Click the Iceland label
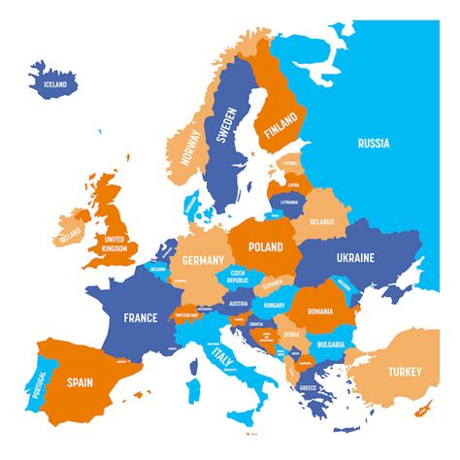point(55,84)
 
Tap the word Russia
point(373,144)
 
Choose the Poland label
point(264,246)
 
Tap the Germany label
point(203,260)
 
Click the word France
point(141,316)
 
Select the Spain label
point(80,381)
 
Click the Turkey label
point(407,371)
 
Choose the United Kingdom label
point(115,244)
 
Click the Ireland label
point(69,237)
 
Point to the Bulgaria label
point(331,345)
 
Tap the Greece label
point(309,389)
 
